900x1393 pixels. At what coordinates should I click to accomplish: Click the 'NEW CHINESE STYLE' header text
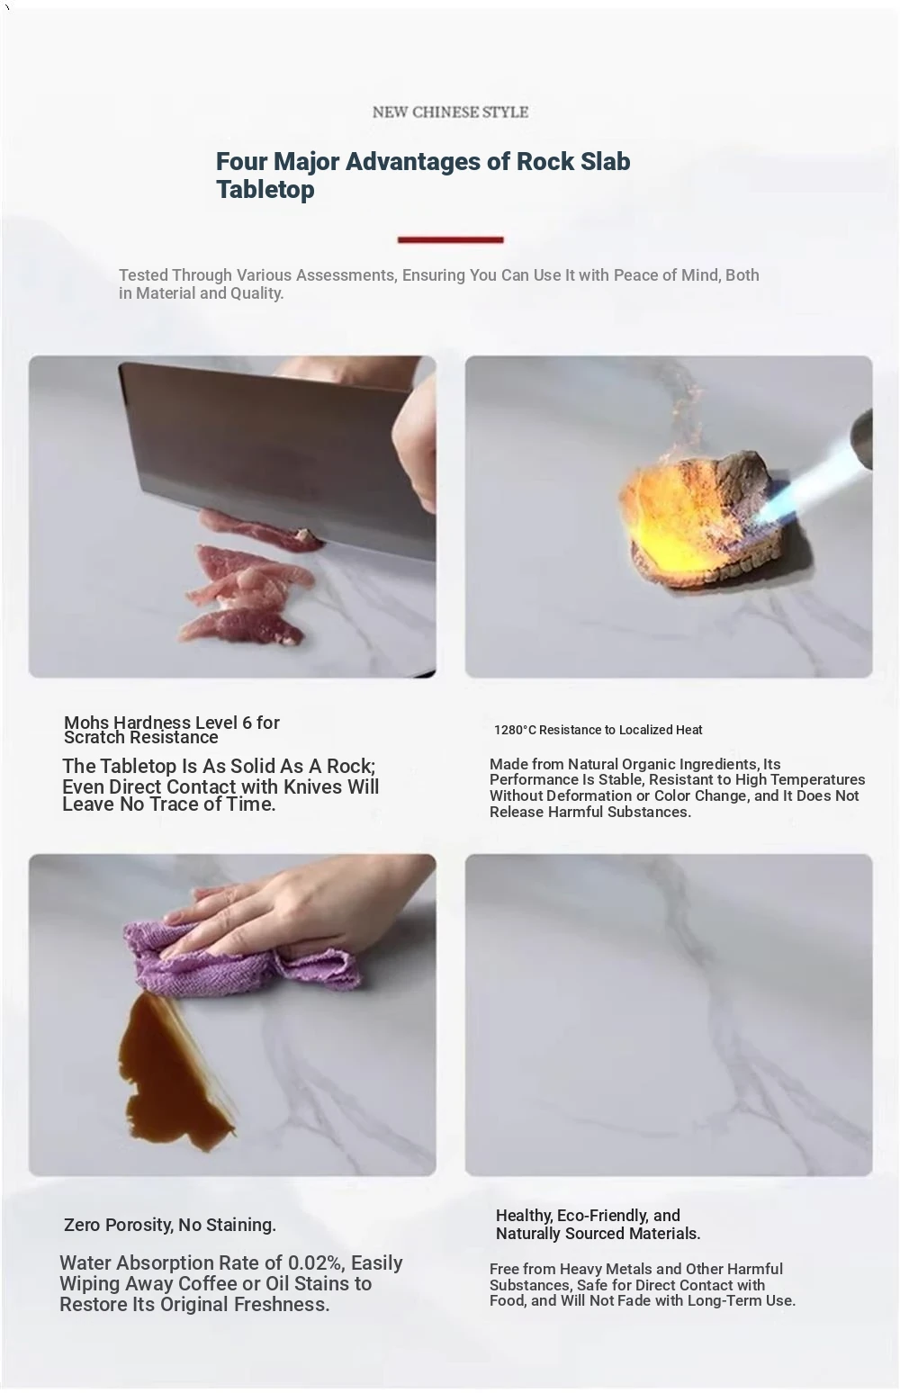[x=450, y=112]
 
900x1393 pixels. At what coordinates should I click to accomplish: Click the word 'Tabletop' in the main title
[x=265, y=189]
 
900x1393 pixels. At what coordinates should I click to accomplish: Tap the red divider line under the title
[x=450, y=239]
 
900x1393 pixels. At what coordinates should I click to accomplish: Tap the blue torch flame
[x=802, y=485]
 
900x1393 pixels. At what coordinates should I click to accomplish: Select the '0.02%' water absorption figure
[x=315, y=1263]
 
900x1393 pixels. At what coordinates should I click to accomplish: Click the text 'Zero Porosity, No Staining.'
[x=170, y=1225]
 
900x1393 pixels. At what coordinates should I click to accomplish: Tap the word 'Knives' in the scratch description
[x=313, y=786]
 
